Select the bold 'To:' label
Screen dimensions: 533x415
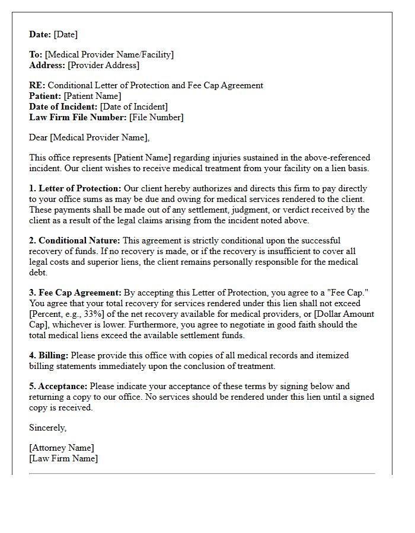pyautogui.click(x=36, y=54)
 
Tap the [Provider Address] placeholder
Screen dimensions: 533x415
pyautogui.click(x=104, y=65)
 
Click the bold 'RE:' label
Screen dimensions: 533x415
pyautogui.click(x=37, y=85)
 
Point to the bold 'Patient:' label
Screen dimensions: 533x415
pyautogui.click(x=45, y=96)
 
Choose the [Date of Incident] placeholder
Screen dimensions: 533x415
pyautogui.click(x=134, y=107)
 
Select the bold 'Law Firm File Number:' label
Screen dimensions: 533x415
pyautogui.click(x=78, y=117)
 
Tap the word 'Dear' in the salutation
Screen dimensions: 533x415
pyautogui.click(x=39, y=137)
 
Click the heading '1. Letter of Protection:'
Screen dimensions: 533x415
pyautogui.click(x=75, y=188)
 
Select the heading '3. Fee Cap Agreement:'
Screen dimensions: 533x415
pyautogui.click(x=75, y=293)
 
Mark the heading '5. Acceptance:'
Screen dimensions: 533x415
pyautogui.click(x=58, y=386)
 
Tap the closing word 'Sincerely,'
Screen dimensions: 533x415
pyautogui.click(x=48, y=428)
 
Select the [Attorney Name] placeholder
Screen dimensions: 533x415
pyautogui.click(x=62, y=448)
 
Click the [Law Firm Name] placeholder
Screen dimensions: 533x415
pyautogui.click(x=63, y=458)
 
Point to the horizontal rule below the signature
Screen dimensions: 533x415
pyautogui.click(x=202, y=473)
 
